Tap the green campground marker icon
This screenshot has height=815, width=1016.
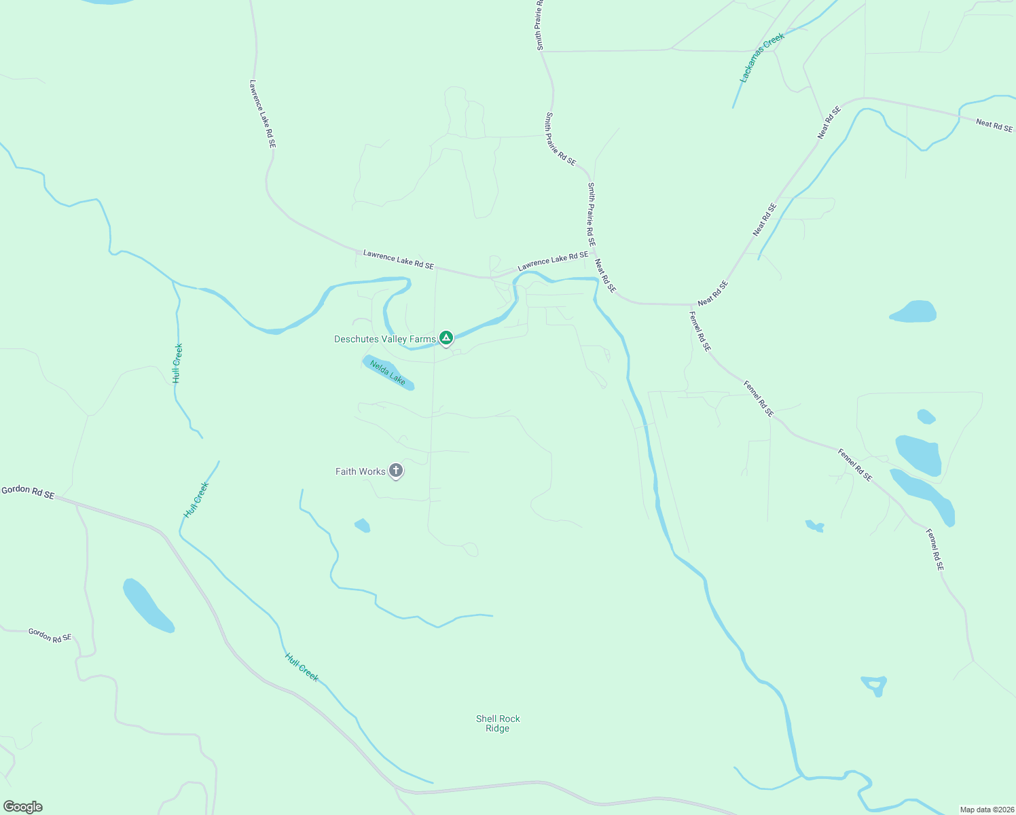446,338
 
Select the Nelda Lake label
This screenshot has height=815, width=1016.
388,373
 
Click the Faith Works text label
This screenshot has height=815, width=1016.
361,471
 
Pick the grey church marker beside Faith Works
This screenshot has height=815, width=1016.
396,471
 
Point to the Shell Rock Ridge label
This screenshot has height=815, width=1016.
498,723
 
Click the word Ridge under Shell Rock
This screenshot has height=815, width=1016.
498,729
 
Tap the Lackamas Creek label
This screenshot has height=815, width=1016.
762,58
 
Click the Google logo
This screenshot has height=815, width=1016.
23,807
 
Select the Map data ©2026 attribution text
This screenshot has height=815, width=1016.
986,810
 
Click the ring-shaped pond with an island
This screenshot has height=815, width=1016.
874,685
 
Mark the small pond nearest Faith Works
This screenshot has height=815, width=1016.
363,525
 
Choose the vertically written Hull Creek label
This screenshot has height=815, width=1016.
177,363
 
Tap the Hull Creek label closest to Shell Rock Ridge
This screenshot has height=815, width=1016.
302,667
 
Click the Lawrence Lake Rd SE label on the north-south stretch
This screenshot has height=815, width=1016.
262,114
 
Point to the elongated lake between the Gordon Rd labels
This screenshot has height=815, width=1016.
148,604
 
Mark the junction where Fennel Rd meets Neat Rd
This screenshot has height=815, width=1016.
691,305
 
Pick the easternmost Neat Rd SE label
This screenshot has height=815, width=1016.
994,125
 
